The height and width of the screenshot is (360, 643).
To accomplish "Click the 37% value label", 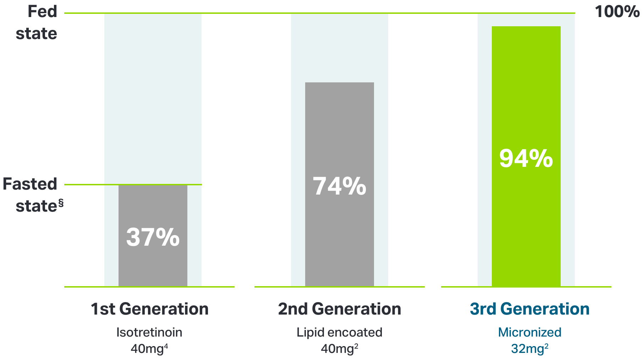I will click(153, 237).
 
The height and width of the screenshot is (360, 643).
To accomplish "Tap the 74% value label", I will click(339, 186).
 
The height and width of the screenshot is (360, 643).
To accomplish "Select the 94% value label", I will click(526, 158).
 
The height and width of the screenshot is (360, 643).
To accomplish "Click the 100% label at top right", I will click(617, 12).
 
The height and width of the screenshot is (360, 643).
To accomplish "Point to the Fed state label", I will click(37, 22).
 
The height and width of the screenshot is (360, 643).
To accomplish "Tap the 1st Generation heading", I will click(149, 309).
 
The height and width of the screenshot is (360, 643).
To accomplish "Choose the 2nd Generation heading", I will click(339, 309).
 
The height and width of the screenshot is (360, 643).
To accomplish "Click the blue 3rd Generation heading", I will click(529, 309).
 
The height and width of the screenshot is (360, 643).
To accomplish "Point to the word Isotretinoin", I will click(149, 332).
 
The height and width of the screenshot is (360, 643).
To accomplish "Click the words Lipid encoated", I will click(339, 332).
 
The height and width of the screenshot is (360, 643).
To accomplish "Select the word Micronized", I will click(529, 332).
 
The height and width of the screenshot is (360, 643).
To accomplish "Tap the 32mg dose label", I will click(527, 349).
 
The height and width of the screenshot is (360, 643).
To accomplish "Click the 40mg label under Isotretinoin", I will click(147, 349).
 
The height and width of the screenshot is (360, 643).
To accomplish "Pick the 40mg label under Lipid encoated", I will click(337, 349).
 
